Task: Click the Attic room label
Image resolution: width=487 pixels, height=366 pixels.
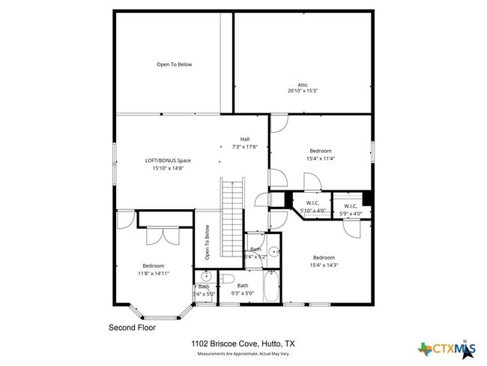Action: click(x=303, y=85)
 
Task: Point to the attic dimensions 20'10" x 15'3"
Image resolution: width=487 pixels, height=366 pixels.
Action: click(x=303, y=91)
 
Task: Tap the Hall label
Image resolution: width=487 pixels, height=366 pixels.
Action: click(x=244, y=139)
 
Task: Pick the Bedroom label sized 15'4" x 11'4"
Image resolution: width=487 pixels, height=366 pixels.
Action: click(x=321, y=151)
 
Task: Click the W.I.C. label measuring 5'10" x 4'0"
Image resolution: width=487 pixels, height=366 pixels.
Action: click(x=313, y=203)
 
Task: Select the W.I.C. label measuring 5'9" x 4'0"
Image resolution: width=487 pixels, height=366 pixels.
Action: click(x=351, y=206)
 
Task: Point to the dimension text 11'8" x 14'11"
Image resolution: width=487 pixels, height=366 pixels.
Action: click(x=154, y=274)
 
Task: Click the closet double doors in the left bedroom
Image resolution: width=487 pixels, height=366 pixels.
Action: click(x=162, y=235)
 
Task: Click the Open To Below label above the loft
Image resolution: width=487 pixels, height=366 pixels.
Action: click(x=175, y=64)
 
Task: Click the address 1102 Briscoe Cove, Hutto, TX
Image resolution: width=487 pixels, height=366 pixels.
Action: click(x=243, y=343)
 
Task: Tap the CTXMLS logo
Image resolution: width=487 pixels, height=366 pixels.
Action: click(x=447, y=347)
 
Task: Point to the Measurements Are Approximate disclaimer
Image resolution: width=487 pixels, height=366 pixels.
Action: click(x=243, y=352)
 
